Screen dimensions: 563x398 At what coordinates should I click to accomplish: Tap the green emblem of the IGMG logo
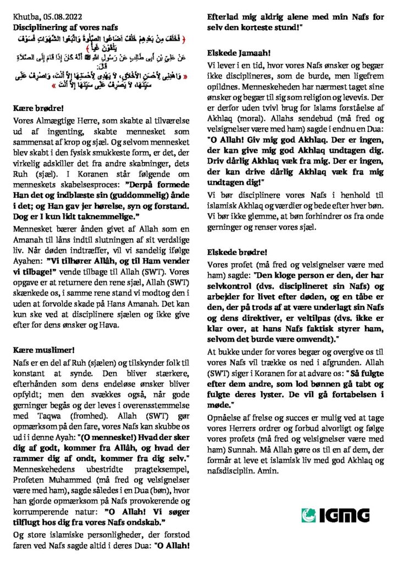[307, 515]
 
